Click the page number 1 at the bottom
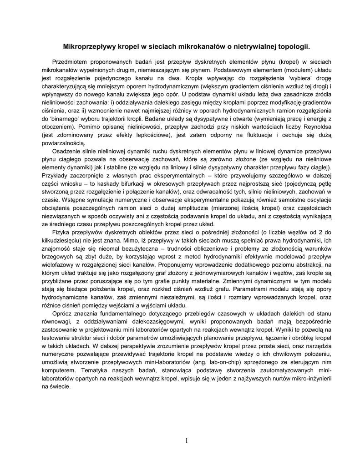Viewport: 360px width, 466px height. pyautogui.click(x=187, y=440)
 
